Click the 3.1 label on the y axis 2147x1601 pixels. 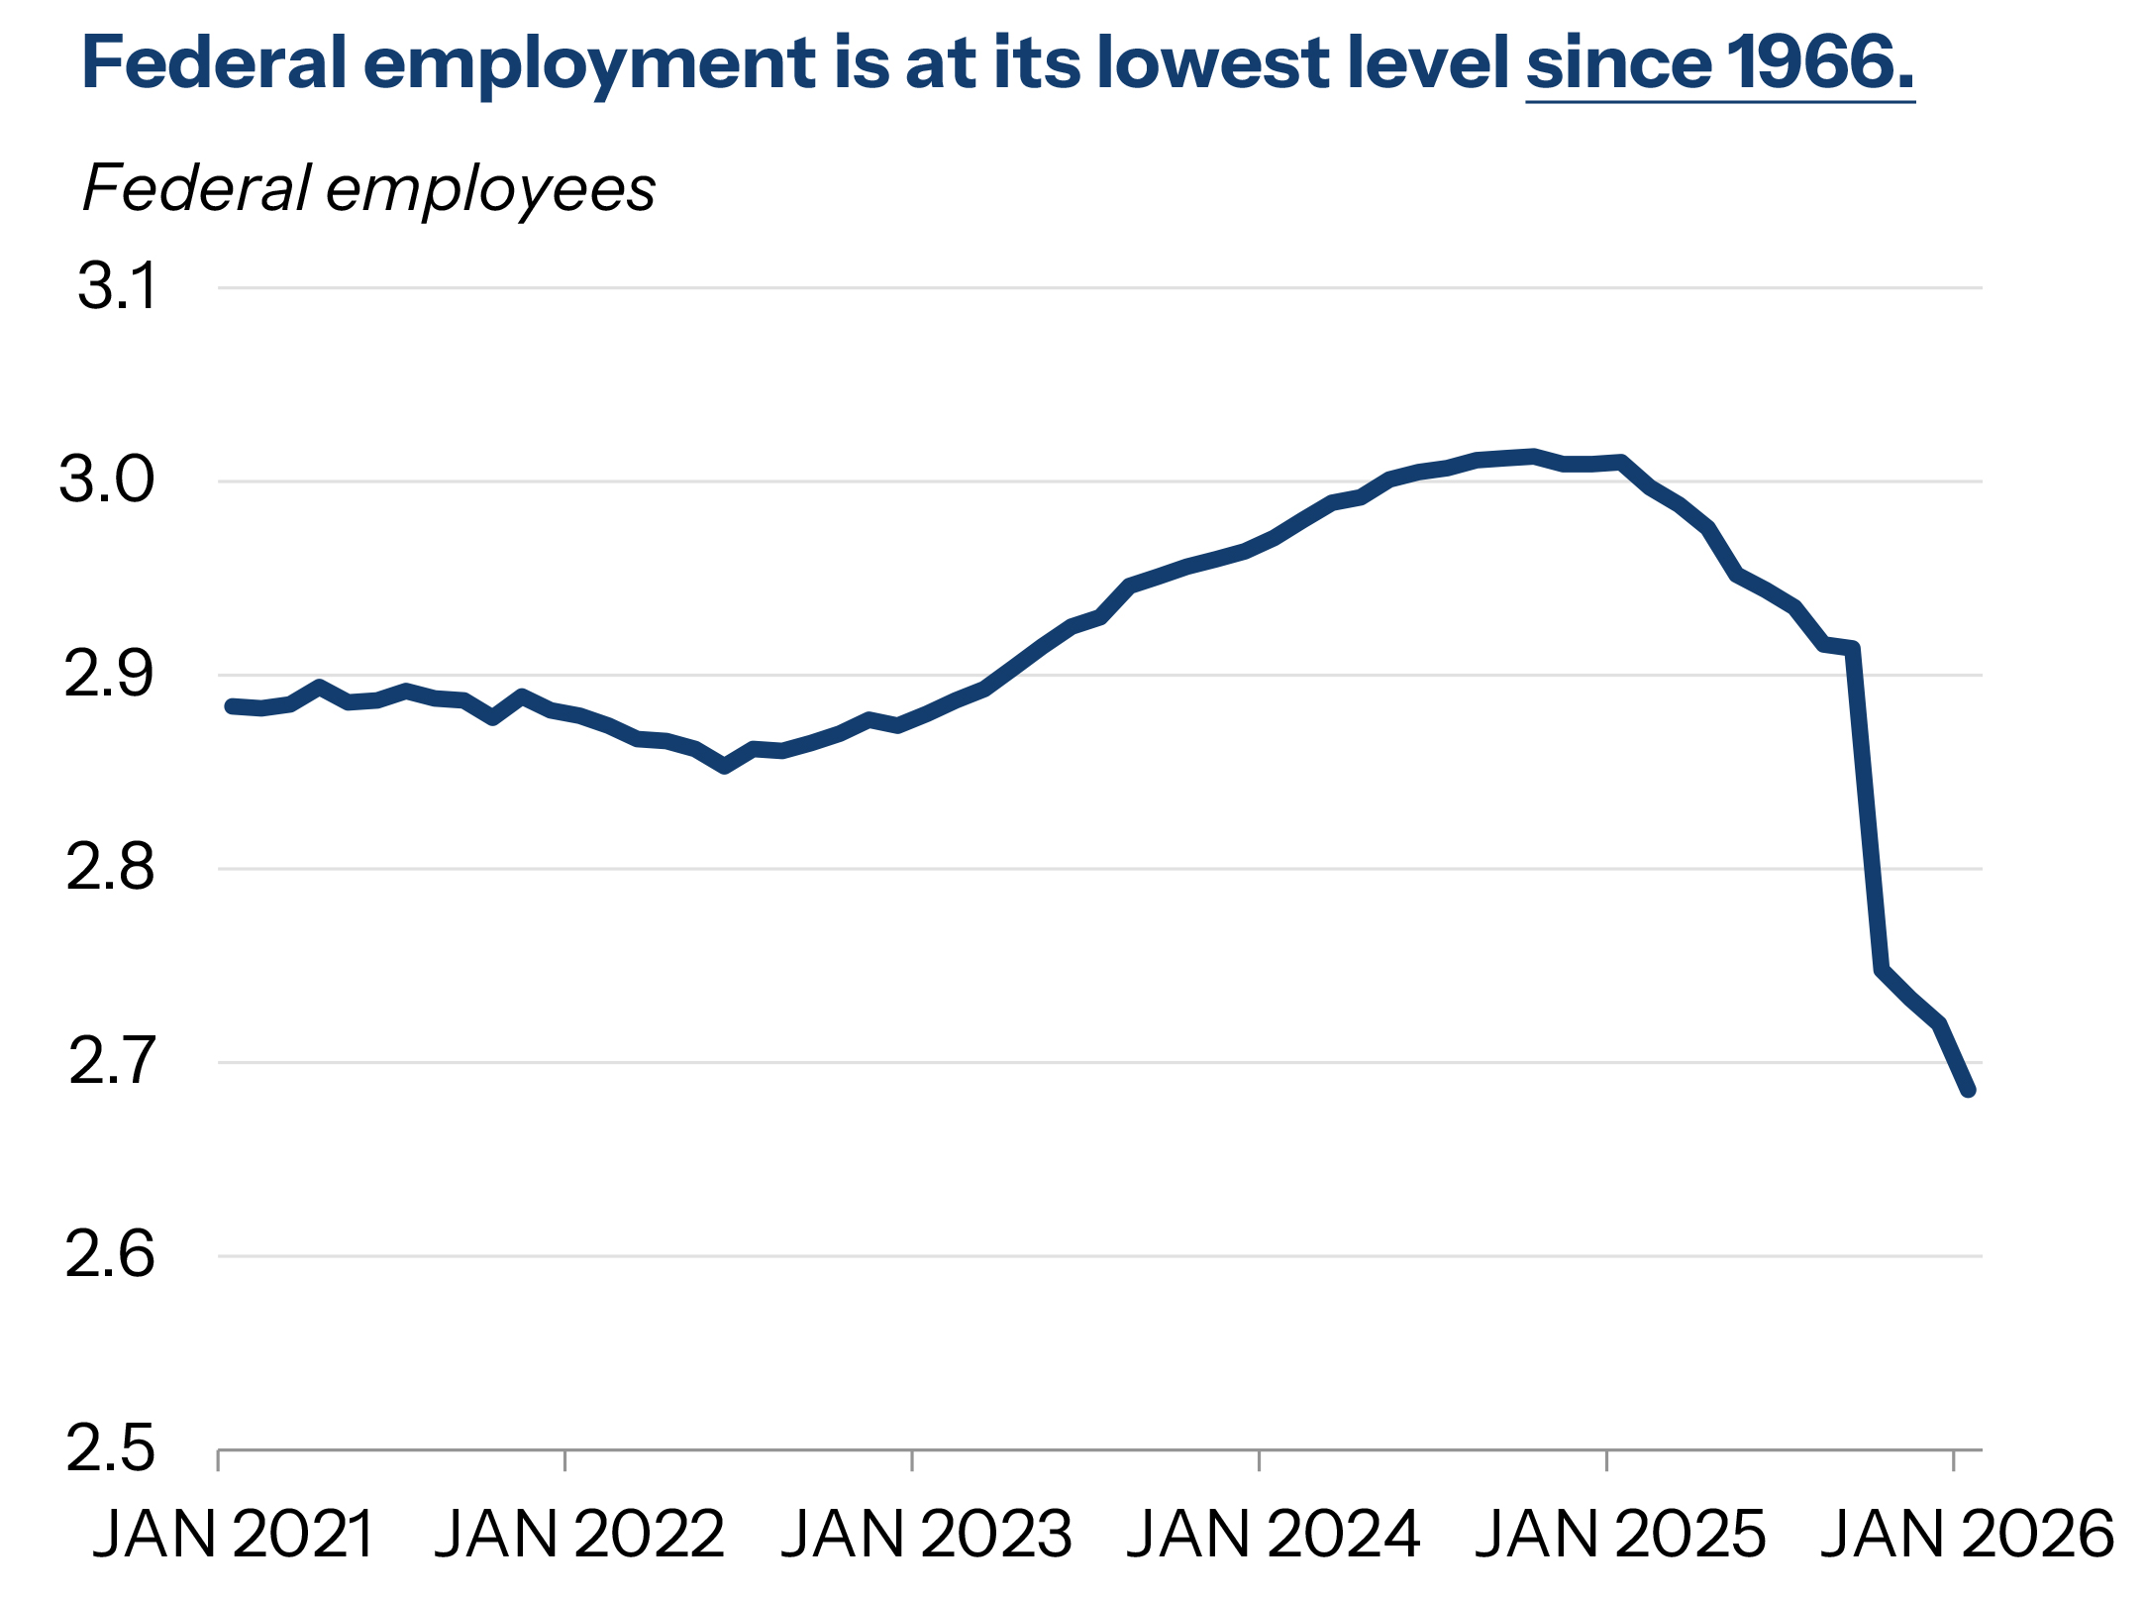[117, 287]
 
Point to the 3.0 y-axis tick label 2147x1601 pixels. [107, 480]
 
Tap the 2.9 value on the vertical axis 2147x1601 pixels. [109, 675]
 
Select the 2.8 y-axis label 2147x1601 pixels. [110, 868]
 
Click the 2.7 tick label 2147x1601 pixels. [112, 1061]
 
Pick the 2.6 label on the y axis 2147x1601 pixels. [110, 1255]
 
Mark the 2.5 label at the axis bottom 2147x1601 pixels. [110, 1448]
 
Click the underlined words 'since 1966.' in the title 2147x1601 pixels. [1719, 63]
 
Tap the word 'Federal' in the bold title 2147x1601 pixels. [214, 63]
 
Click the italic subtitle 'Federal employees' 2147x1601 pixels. [368, 188]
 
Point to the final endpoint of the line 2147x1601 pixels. [1969, 1090]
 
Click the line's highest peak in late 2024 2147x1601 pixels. [1533, 456]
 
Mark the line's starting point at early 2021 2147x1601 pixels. [232, 706]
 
